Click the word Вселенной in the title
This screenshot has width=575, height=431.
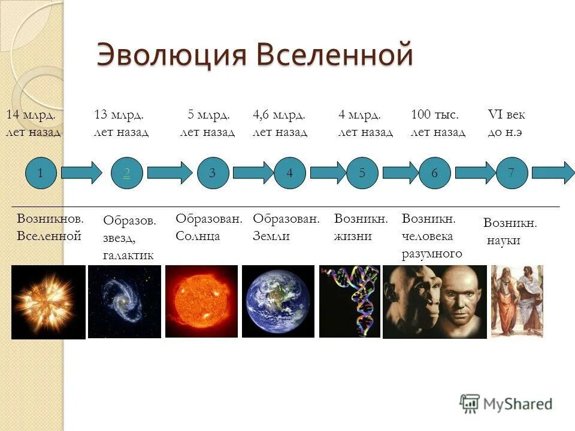(335, 55)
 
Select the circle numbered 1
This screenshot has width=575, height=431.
(41, 173)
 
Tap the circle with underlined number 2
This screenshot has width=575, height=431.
(126, 173)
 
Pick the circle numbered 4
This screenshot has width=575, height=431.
(290, 173)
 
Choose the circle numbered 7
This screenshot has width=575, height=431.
(511, 173)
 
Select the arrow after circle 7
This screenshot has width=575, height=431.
(553, 173)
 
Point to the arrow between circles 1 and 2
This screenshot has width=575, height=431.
(82, 173)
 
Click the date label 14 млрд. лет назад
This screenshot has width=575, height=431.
(33, 123)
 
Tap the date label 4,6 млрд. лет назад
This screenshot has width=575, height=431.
(280, 123)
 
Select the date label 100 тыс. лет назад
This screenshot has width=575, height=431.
(438, 123)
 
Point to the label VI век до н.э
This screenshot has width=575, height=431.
(506, 123)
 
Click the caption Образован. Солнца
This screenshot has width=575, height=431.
(208, 227)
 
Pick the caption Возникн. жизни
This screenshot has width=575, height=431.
(361, 227)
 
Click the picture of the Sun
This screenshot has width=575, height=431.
(201, 301)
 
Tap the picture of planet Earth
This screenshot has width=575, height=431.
(278, 301)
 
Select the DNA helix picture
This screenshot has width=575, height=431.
(350, 301)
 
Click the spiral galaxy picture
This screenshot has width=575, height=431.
(125, 301)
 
